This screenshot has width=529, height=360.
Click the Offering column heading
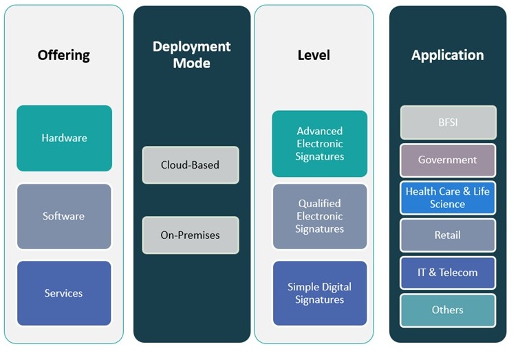coord(64,55)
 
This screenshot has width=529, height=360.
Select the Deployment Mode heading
coord(191,55)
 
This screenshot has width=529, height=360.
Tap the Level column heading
coord(314,55)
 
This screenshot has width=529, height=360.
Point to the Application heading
coord(447,55)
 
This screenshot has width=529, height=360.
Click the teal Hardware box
coord(64,138)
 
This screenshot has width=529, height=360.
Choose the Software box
coord(64,216)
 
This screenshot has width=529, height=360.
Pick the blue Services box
coord(64,293)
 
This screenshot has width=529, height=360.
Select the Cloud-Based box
coord(191,165)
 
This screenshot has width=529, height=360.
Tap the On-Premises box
coord(191,235)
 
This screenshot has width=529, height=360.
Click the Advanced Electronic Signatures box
coord(320,144)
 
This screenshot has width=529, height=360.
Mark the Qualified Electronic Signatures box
coord(320,216)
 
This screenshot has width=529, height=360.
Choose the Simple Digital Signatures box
coord(320,293)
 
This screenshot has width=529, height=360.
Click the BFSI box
coord(448,123)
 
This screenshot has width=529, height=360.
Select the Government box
coord(448,160)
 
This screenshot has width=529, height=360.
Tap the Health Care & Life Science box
coord(448,198)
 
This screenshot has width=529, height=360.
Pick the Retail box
coord(448,235)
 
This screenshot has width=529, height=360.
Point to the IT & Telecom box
coord(448,273)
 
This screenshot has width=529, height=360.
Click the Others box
coord(448,310)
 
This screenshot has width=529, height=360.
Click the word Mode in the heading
coord(191,63)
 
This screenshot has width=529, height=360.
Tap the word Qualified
coord(320,204)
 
